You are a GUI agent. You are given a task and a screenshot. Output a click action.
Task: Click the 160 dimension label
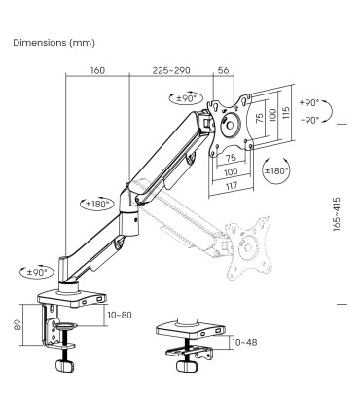(96, 71)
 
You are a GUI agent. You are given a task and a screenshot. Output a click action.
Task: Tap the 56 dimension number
(225, 71)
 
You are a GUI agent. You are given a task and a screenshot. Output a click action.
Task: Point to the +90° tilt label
(310, 102)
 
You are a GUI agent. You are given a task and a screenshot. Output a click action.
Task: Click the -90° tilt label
(310, 120)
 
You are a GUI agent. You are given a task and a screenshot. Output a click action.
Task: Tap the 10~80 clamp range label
(121, 316)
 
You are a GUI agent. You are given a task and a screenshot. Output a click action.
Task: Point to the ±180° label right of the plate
(278, 170)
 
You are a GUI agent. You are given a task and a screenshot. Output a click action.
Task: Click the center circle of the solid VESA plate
(232, 126)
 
